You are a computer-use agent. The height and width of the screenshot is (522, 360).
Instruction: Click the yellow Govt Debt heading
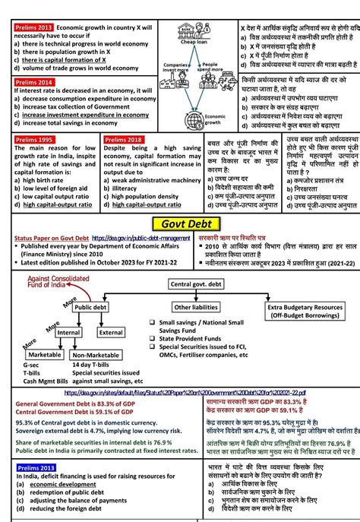(x=181, y=224)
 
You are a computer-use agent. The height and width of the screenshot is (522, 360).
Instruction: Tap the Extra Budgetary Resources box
(x=295, y=310)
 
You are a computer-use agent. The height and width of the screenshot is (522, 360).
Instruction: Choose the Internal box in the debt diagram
(x=69, y=332)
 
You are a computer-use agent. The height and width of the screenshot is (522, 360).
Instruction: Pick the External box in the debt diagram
(x=111, y=332)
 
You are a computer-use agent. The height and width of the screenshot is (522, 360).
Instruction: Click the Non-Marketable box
(x=96, y=354)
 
